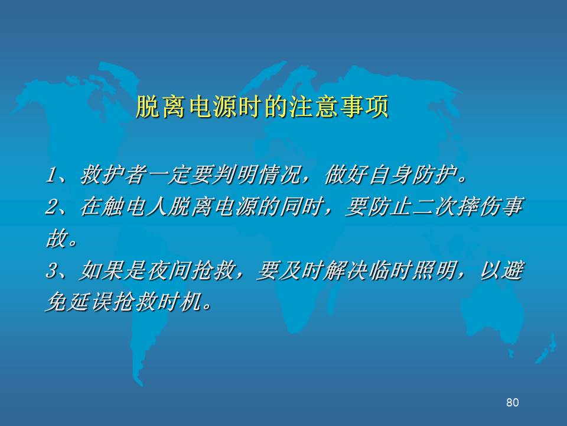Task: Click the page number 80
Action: pos(513,402)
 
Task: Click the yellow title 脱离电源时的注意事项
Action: pos(262,106)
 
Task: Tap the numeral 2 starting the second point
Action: pos(52,207)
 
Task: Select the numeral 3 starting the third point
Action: pos(52,270)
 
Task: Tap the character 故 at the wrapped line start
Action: pos(57,238)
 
